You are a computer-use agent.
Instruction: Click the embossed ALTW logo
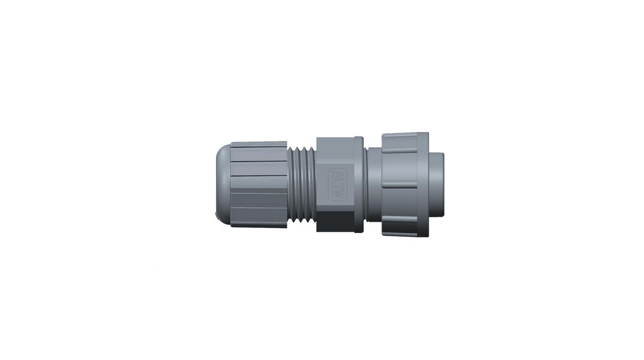[x=338, y=185]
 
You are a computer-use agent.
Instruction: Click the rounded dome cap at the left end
[x=220, y=183]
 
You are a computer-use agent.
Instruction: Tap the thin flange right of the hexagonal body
[x=359, y=185]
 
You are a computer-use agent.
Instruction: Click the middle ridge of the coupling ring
[x=399, y=184]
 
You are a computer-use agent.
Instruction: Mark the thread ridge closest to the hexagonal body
[x=312, y=185]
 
